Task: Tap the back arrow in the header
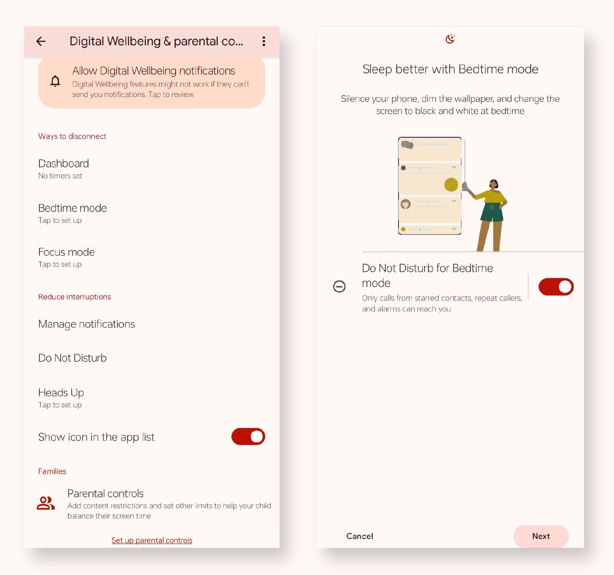tap(41, 41)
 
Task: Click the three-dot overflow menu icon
tap(264, 41)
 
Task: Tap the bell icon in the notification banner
tap(55, 81)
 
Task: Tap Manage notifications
tap(87, 324)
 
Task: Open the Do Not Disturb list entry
tap(73, 358)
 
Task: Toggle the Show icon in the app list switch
tap(248, 437)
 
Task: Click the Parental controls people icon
tap(46, 503)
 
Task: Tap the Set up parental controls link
tap(152, 540)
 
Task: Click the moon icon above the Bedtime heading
tap(450, 39)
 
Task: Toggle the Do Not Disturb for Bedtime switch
tap(556, 287)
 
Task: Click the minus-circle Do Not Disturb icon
tap(339, 286)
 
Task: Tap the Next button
tap(541, 536)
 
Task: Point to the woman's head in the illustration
tap(494, 184)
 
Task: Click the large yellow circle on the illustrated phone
tap(451, 185)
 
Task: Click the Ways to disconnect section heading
tap(72, 136)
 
